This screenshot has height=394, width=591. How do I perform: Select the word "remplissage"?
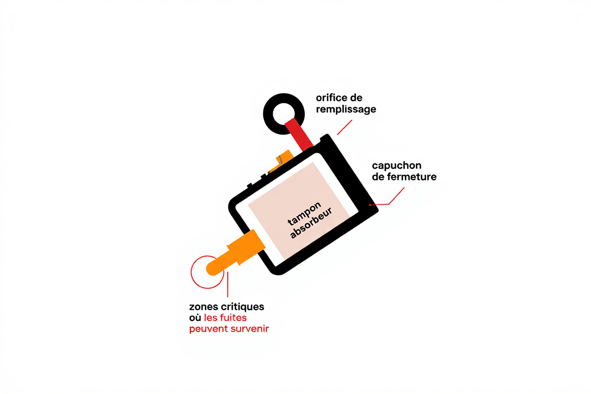tap(346, 109)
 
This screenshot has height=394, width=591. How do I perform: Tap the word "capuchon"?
tap(396, 166)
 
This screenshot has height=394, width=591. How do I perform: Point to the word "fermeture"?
tap(411, 177)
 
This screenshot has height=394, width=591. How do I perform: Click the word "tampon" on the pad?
tap(304, 214)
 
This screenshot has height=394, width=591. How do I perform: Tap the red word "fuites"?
tap(236, 317)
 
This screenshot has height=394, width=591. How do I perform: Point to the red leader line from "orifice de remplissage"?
tap(345, 127)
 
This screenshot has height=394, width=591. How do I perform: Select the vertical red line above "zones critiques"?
tap(228, 285)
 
